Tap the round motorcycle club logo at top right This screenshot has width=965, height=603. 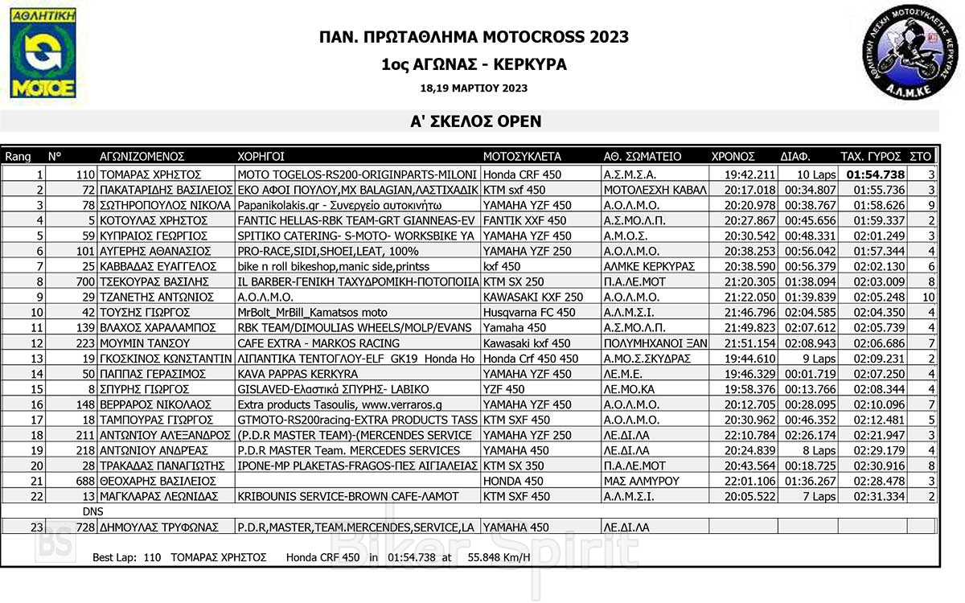pyautogui.click(x=910, y=50)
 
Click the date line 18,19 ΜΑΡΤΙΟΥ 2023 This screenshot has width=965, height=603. pyautogui.click(x=474, y=88)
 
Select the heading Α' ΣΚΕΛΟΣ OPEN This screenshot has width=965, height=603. pyautogui.click(x=474, y=122)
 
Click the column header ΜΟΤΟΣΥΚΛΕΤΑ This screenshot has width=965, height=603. pyautogui.click(x=522, y=157)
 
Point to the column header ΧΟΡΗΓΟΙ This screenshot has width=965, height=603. pyautogui.click(x=261, y=157)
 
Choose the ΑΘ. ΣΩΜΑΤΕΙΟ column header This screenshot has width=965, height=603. pyautogui.click(x=642, y=157)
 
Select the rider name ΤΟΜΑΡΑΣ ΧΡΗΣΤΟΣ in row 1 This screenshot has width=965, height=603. pyautogui.click(x=150, y=174)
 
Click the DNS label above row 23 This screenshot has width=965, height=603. pyautogui.click(x=93, y=511)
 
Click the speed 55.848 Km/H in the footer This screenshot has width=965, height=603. pyautogui.click(x=499, y=556)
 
